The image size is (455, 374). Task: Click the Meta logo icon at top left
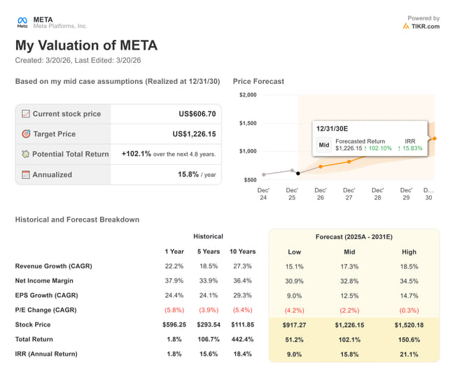point(22,22)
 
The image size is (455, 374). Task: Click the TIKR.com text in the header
point(426,27)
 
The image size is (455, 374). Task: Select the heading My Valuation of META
point(86,46)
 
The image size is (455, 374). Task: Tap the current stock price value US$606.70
point(197,114)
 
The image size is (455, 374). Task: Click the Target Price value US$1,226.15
point(194,134)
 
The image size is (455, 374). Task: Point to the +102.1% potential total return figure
point(136,154)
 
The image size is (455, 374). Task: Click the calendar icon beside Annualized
point(26,174)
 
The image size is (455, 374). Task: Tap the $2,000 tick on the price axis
point(247,95)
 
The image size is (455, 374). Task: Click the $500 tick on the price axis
point(250,180)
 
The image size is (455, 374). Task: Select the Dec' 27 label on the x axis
point(349,194)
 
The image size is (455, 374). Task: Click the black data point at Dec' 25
point(297,173)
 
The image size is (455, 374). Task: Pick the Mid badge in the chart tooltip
point(324,145)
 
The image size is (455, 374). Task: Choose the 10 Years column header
point(243,252)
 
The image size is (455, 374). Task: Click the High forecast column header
point(409,252)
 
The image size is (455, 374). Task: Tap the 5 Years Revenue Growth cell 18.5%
point(208,266)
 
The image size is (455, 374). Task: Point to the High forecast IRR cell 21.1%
point(409,354)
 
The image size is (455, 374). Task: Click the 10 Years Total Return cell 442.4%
point(243,340)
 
